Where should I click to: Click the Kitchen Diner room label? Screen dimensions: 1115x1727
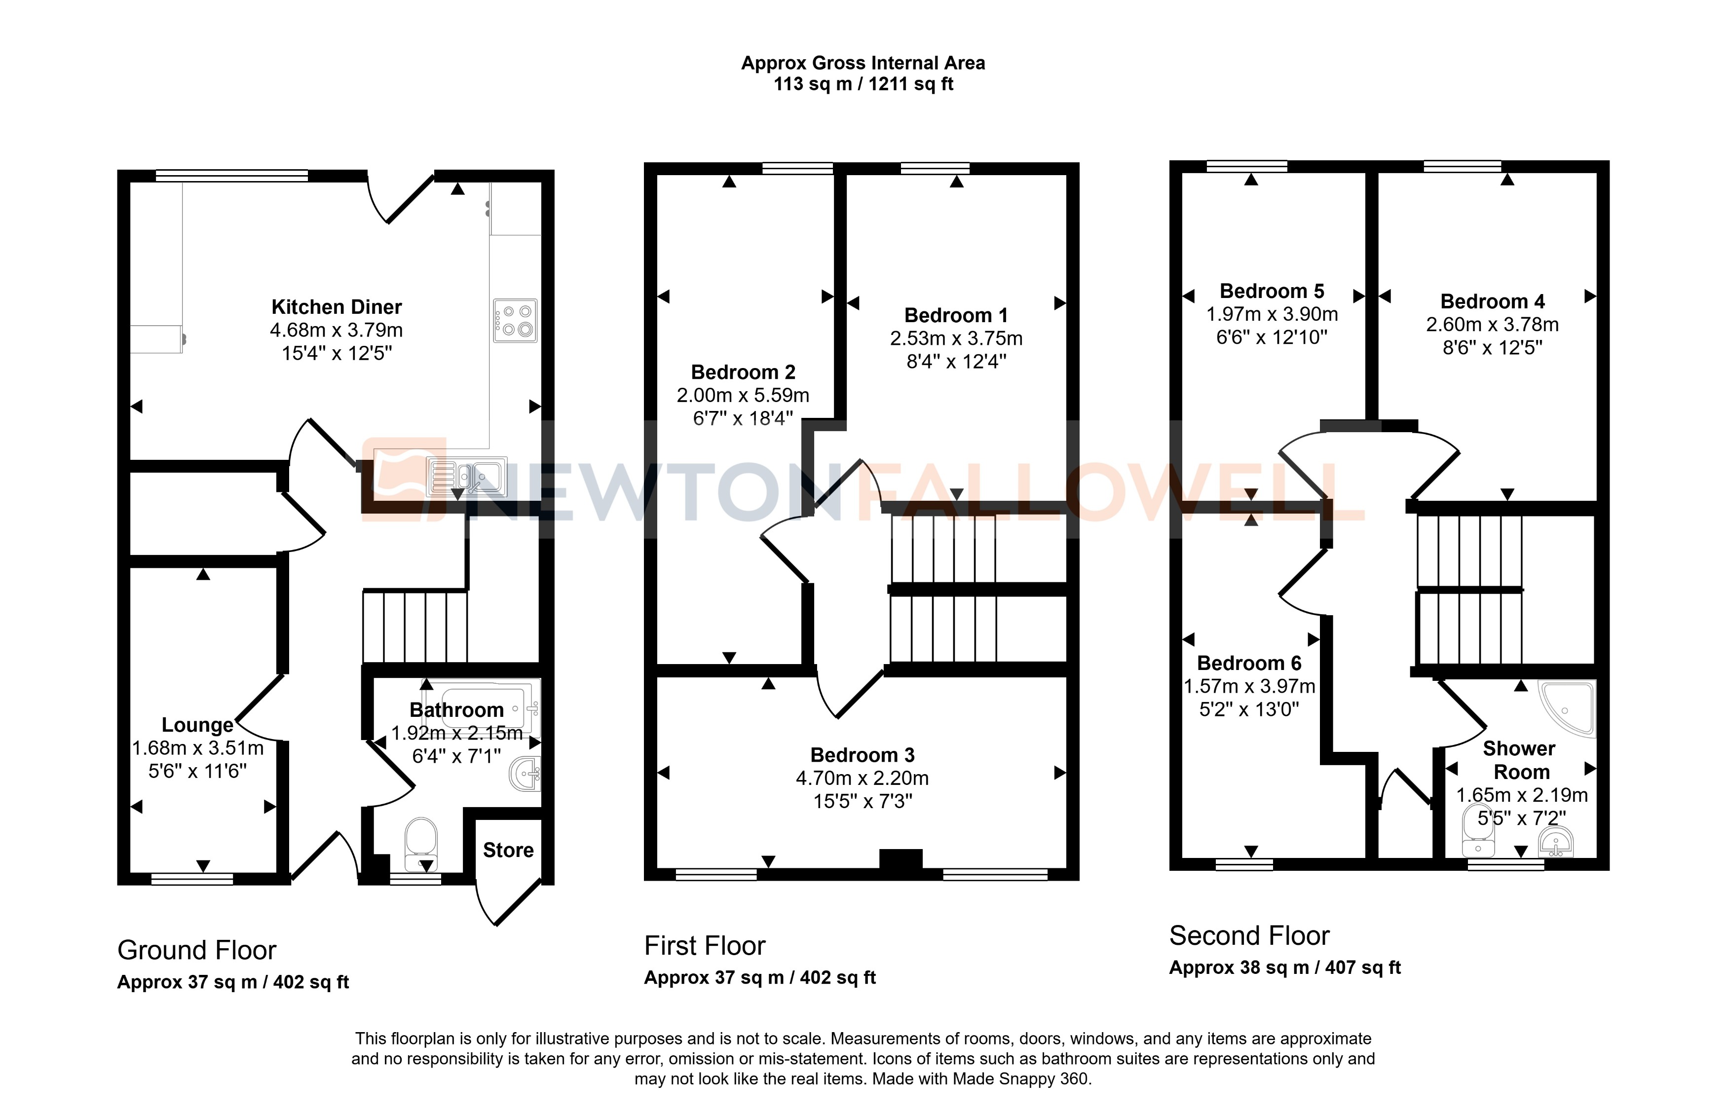point(336,307)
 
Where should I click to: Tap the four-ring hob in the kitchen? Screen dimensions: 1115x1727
point(515,321)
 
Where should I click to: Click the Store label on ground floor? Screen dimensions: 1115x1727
point(508,850)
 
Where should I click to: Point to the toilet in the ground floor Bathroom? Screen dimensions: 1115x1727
point(421,844)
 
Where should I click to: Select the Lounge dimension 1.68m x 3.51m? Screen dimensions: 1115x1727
point(198,748)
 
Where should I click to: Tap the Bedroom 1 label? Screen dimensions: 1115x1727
point(956,316)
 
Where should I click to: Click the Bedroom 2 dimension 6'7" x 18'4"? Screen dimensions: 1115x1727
point(743,418)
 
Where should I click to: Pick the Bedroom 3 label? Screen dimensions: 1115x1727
point(862,755)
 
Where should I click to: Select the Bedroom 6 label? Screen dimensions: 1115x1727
point(1248,663)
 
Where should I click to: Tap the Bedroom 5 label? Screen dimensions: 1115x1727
point(1272,291)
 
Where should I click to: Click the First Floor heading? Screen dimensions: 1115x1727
point(705,946)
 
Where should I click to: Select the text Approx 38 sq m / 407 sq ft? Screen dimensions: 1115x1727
point(1284,968)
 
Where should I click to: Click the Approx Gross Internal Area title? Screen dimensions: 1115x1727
point(863,63)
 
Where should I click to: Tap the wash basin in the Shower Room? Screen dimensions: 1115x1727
point(1555,843)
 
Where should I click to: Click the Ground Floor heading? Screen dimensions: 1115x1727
point(197,950)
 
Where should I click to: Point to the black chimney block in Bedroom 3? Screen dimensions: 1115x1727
point(900,858)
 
